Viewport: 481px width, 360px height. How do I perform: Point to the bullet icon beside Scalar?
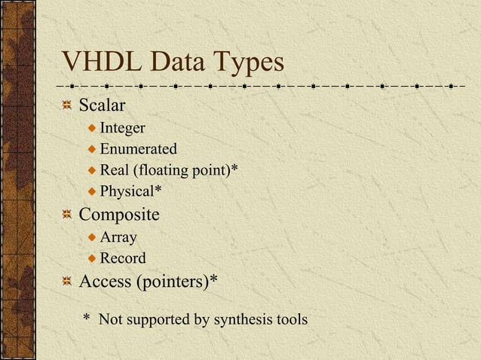tap(67, 106)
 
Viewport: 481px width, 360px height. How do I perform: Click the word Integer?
tap(122, 127)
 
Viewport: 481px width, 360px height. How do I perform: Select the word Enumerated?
tap(138, 148)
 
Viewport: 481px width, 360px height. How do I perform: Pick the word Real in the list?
tap(115, 169)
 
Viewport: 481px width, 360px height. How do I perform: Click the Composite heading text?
tap(119, 215)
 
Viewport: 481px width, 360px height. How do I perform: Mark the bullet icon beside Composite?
tap(67, 216)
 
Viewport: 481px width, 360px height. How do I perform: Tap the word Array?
tap(118, 237)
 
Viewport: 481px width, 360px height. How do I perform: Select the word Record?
tap(123, 258)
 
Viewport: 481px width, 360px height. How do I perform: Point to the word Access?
tap(105, 282)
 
